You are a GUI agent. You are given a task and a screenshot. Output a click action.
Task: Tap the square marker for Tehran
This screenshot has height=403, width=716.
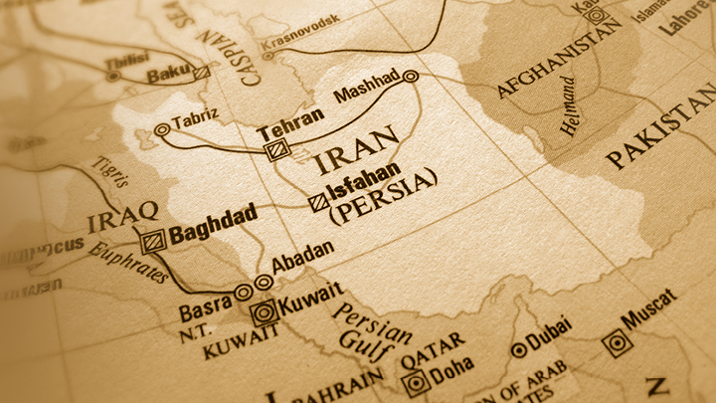(275, 150)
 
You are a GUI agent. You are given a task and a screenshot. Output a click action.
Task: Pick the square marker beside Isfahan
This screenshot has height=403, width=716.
(317, 201)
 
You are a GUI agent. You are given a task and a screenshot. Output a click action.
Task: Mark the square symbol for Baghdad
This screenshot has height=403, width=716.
(152, 240)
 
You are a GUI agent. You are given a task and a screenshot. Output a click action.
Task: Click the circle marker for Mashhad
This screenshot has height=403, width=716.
(411, 76)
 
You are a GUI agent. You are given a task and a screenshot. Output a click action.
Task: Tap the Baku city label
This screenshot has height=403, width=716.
(166, 75)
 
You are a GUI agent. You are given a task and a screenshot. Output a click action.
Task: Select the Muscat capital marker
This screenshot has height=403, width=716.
(617, 343)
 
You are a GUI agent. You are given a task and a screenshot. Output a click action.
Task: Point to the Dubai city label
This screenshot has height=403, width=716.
(552, 332)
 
